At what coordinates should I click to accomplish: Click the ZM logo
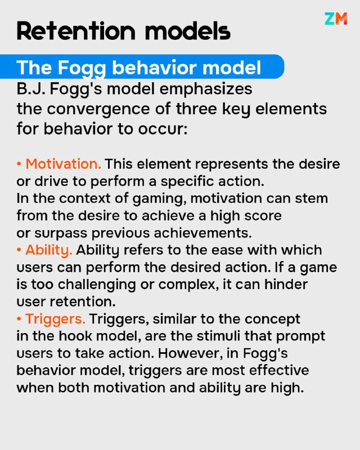tap(336, 19)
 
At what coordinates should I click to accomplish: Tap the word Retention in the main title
tap(76, 31)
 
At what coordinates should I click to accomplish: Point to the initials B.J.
tap(31, 89)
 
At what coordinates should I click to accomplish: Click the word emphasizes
tap(205, 89)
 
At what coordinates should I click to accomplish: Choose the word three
tap(196, 109)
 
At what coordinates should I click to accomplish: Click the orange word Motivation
tap(63, 164)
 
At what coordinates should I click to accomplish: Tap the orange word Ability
tap(48, 250)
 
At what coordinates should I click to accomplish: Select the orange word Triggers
tap(55, 319)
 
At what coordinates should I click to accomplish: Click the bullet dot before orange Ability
tap(19, 250)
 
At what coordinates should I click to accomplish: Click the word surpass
tap(61, 233)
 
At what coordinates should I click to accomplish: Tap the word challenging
tap(97, 285)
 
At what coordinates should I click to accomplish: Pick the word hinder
tap(286, 285)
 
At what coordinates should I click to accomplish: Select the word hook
tap(75, 336)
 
